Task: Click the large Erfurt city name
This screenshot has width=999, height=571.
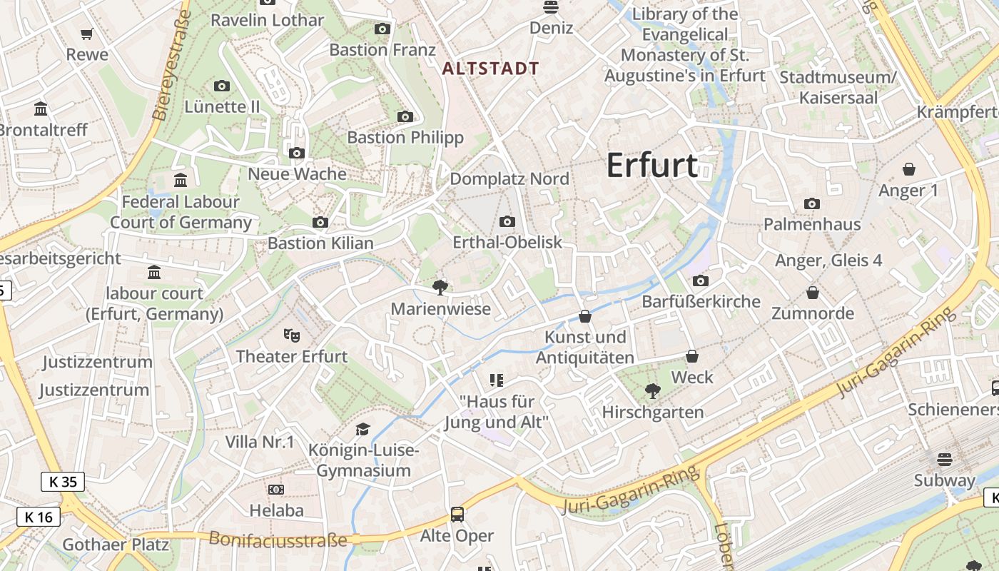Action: (651, 166)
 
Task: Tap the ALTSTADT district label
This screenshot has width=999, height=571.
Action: (491, 69)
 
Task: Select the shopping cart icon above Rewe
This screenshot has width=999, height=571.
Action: (87, 34)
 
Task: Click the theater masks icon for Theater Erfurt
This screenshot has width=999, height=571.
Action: (291, 334)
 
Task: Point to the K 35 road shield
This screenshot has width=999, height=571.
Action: (62, 482)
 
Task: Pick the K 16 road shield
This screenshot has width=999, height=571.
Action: (39, 517)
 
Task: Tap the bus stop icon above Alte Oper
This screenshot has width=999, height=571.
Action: (457, 514)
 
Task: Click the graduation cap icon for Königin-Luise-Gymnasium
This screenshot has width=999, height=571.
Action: (363, 429)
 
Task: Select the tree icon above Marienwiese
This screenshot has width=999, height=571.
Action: (440, 287)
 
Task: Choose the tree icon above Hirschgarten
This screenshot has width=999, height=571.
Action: (652, 390)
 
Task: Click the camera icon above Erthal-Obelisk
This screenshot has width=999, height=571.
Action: (507, 221)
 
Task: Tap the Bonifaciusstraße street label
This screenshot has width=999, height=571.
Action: (278, 540)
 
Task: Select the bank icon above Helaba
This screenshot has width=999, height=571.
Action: (276, 489)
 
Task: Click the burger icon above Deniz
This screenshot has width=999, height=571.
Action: (550, 7)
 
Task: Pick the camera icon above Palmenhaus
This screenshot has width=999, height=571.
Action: (811, 203)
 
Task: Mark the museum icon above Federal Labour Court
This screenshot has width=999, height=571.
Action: (180, 180)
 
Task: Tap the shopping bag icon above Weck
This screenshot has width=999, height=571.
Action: (691, 355)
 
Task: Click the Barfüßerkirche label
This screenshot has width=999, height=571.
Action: (701, 301)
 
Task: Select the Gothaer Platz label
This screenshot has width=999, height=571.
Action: (116, 545)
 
